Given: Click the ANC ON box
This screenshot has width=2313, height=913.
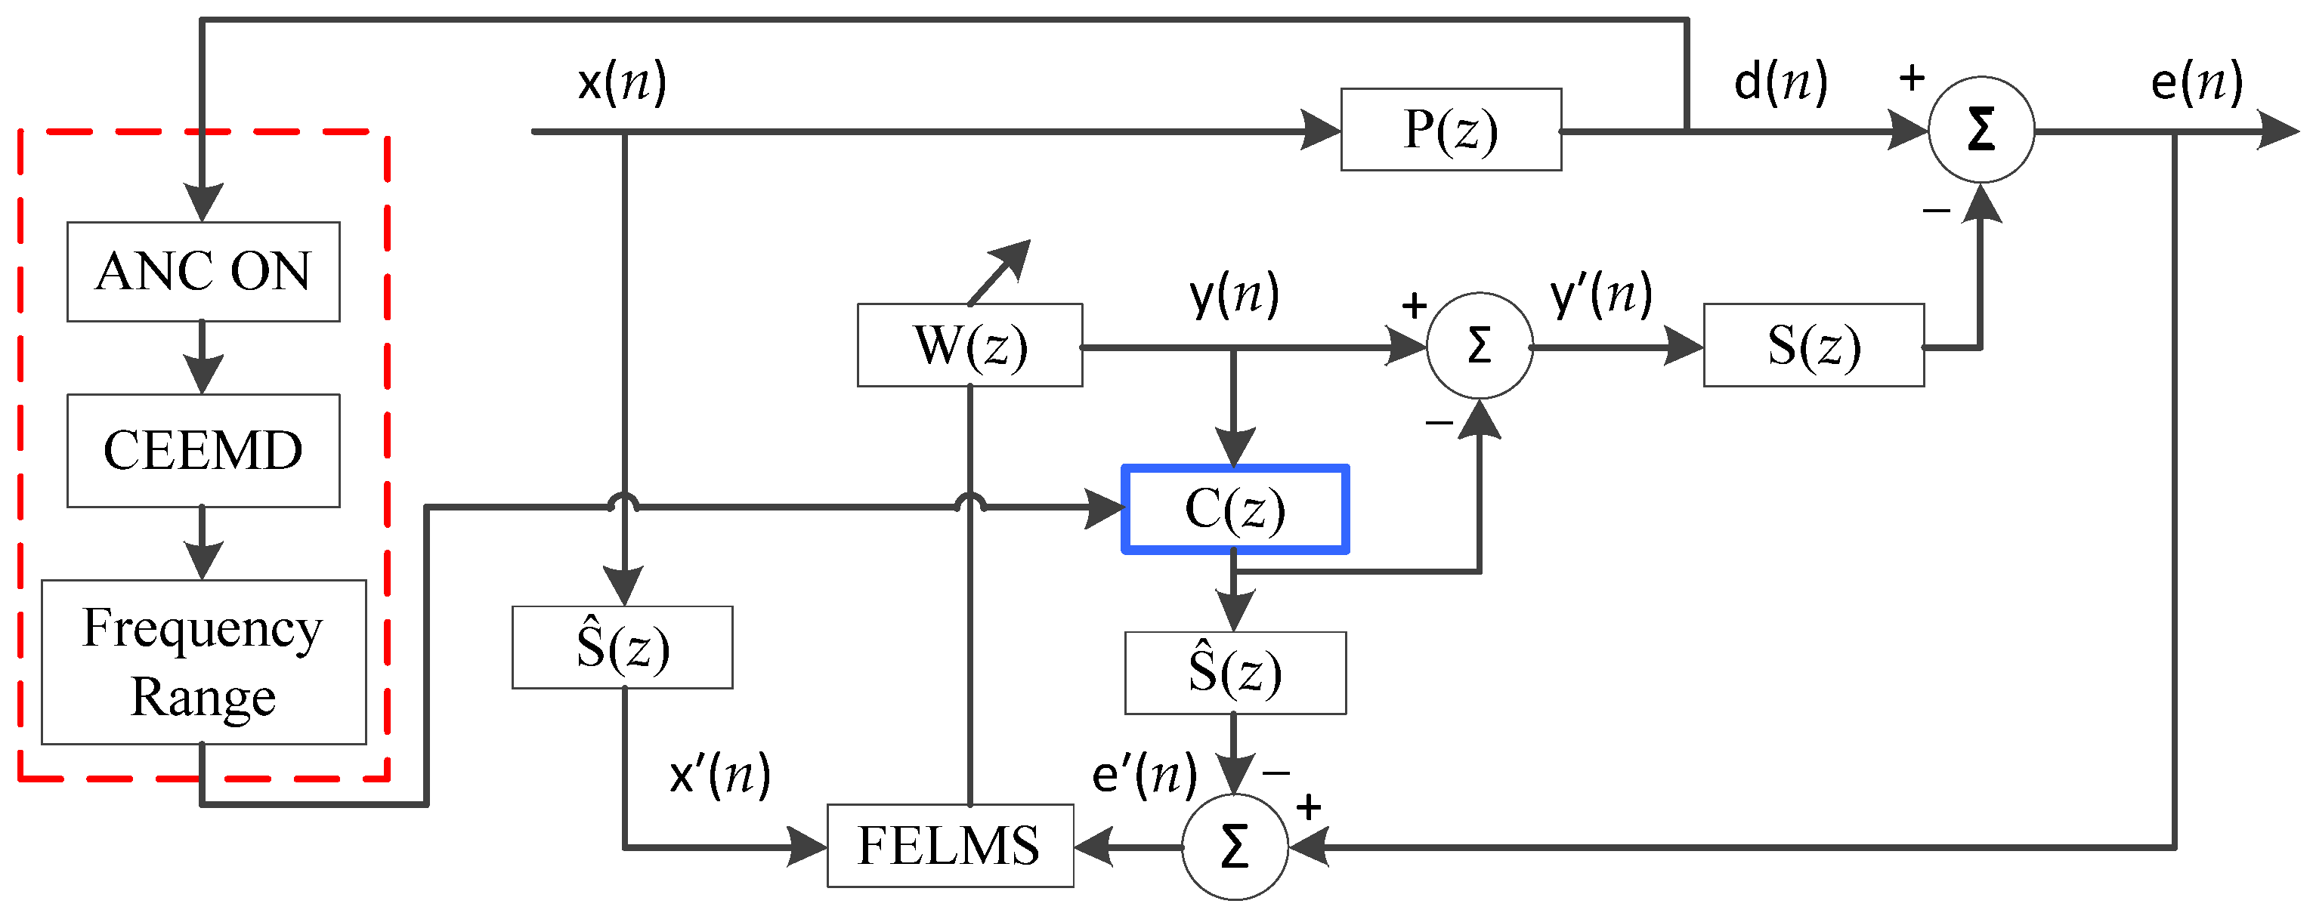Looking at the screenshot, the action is click(x=203, y=271).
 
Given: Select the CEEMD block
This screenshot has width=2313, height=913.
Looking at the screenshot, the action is click(x=203, y=450).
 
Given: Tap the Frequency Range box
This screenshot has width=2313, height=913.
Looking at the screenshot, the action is click(x=203, y=662).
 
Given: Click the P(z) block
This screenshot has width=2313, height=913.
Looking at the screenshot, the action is click(x=1450, y=129).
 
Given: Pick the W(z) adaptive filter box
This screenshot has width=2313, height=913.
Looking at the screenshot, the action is click(x=969, y=346).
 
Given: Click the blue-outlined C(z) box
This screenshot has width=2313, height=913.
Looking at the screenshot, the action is click(x=1235, y=509).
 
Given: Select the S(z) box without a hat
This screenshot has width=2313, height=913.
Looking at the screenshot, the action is click(x=1813, y=346).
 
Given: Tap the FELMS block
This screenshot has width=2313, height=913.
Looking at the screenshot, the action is click(x=949, y=846).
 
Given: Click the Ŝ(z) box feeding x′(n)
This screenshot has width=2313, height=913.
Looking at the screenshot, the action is click(x=621, y=647).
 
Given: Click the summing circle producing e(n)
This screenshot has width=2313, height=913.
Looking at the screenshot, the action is click(x=1981, y=129).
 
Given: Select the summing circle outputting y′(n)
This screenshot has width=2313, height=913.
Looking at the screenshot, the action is click(x=1479, y=346).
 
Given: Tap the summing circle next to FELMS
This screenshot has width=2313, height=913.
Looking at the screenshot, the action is click(x=1235, y=847).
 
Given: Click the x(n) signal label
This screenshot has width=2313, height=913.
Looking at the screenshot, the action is click(x=621, y=82).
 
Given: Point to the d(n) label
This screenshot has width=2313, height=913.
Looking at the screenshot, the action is click(x=1780, y=82).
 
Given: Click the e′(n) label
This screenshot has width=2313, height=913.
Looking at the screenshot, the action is click(x=1144, y=775).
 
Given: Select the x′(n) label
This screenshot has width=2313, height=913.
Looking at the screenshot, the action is click(x=719, y=775).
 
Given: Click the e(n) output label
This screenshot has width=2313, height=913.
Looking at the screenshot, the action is click(x=2197, y=82).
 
